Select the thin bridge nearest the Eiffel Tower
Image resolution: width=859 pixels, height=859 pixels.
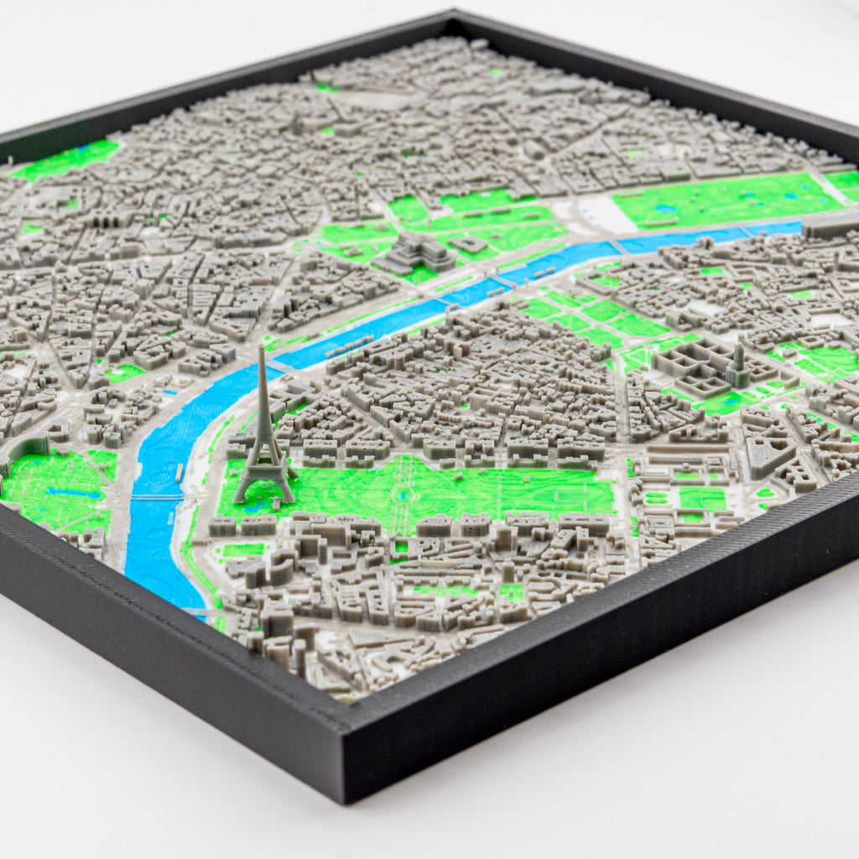159,497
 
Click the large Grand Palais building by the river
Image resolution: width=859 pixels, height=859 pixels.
415,251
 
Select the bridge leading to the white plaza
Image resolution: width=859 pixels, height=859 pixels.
618,246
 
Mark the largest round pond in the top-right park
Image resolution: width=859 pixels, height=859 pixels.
669,207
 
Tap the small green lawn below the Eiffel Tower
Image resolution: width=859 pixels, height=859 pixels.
241,550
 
